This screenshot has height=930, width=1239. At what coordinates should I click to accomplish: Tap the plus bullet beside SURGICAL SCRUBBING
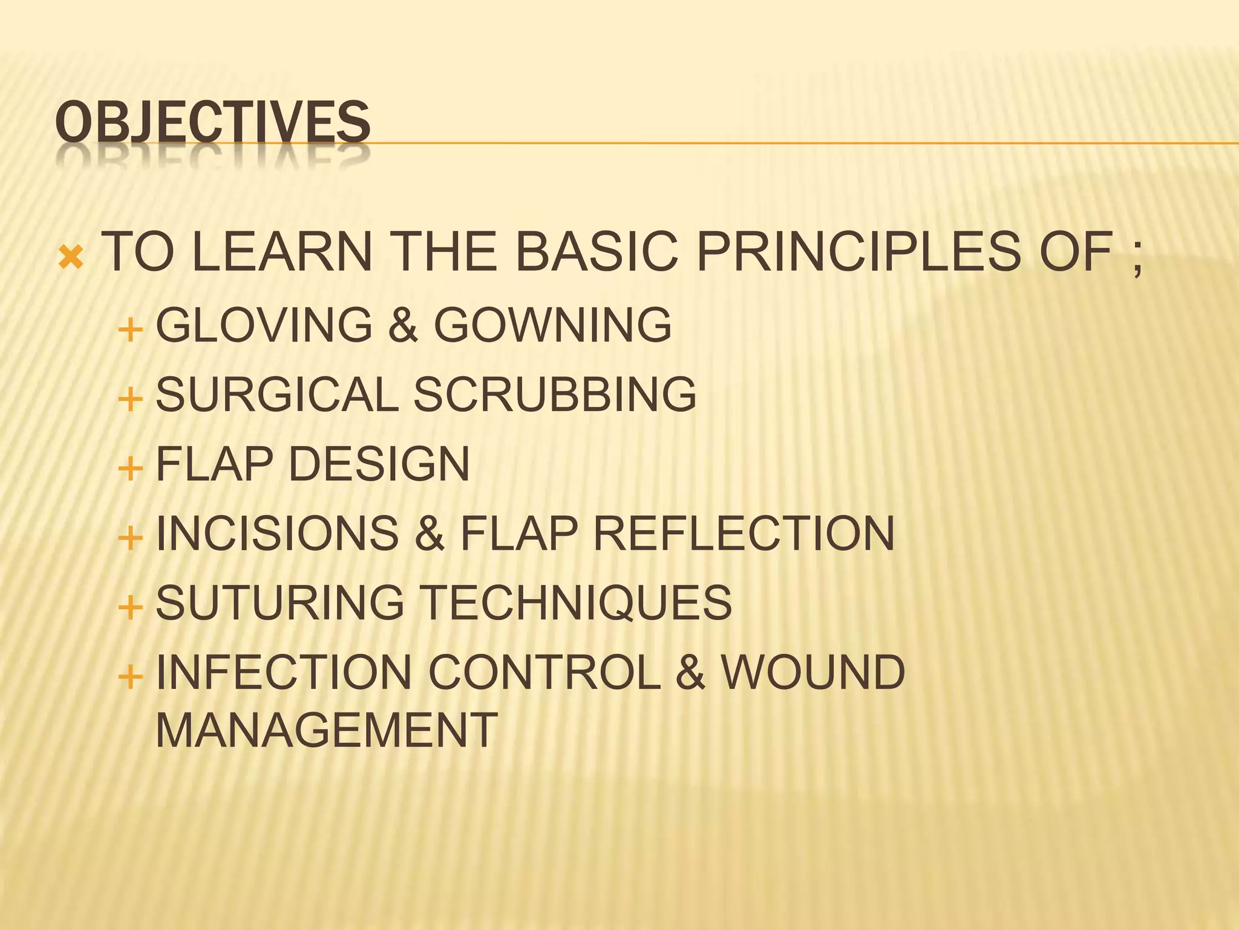pos(131,400)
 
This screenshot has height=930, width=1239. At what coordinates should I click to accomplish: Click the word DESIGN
pos(379,464)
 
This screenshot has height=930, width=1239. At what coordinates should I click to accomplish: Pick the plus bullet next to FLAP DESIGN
pos(131,469)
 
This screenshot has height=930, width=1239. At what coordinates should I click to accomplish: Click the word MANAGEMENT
pos(327,730)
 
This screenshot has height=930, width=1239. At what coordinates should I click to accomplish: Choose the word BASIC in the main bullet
pos(596,251)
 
